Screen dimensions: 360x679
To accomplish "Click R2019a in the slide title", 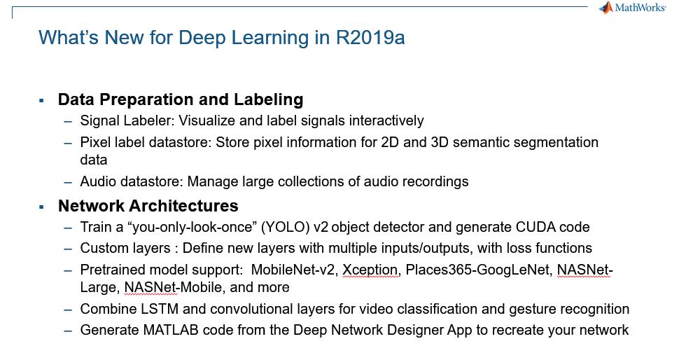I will point(370,37).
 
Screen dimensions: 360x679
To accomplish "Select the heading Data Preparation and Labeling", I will point(181,99).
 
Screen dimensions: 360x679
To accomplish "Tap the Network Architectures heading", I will point(148,206).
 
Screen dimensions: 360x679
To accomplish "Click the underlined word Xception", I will point(370,270).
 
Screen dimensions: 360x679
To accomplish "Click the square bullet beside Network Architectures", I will point(42,207).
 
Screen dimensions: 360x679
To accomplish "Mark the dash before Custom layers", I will point(67,249).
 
